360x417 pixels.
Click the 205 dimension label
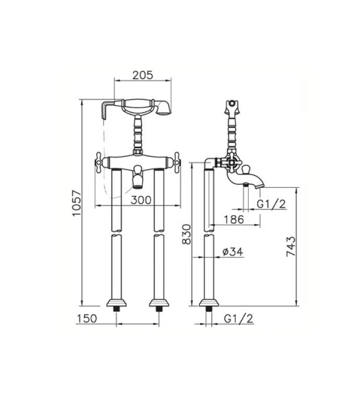click(x=142, y=75)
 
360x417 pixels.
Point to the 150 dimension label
click(x=86, y=318)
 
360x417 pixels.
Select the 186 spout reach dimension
click(x=233, y=219)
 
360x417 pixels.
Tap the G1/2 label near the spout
click(x=271, y=204)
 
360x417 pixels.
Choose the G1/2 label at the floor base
click(x=239, y=318)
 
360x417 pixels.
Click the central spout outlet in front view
click(x=138, y=180)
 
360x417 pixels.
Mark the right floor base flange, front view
click(x=158, y=302)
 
